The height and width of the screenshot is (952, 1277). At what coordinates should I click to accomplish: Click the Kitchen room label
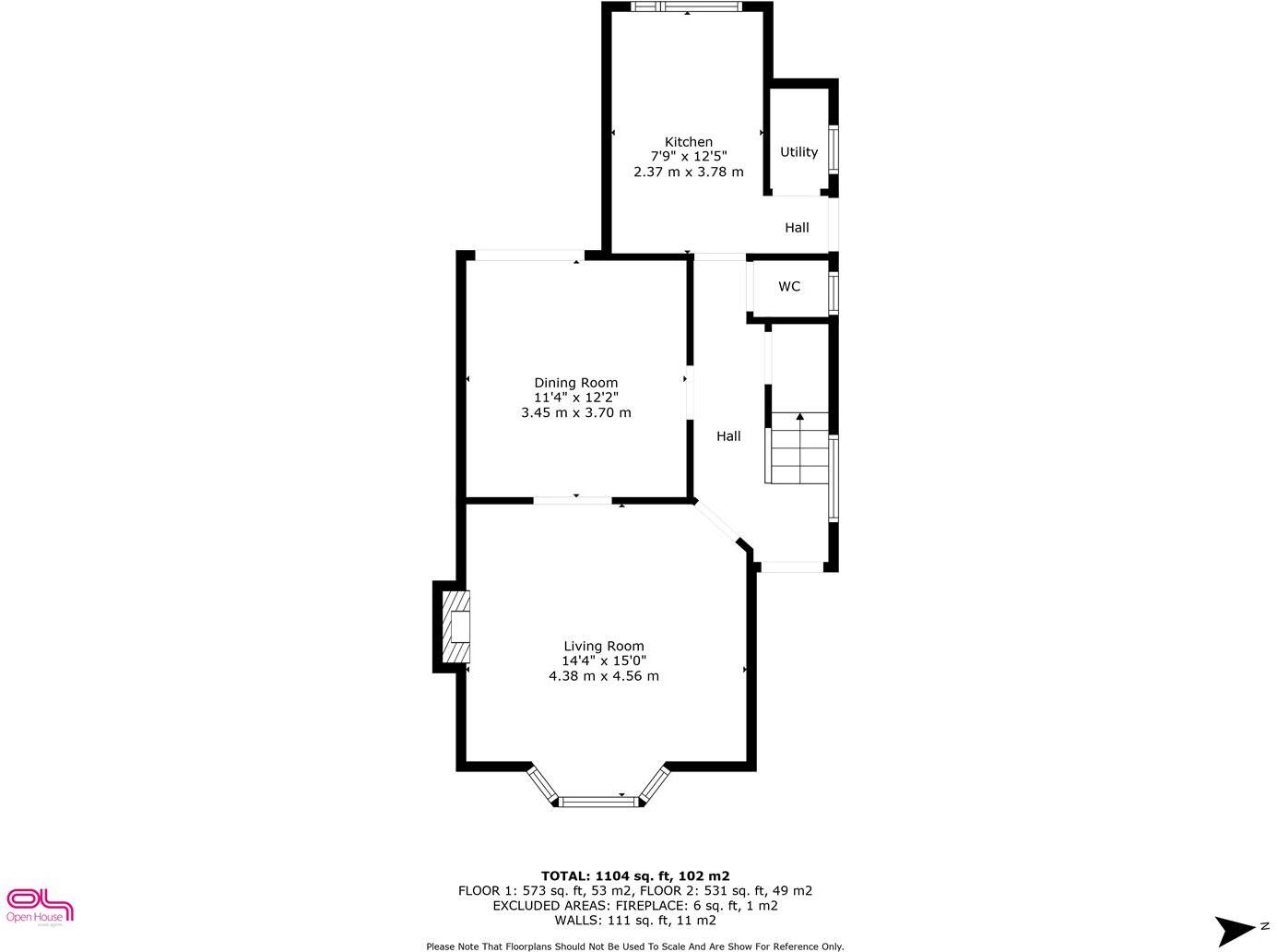pyautogui.click(x=689, y=142)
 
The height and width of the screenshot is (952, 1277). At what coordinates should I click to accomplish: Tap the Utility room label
pyautogui.click(x=798, y=152)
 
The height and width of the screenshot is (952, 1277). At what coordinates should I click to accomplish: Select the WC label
pyautogui.click(x=789, y=287)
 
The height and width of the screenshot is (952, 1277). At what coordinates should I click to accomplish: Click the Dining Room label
pyautogui.click(x=576, y=383)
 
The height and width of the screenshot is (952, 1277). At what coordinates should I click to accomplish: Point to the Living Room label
pyautogui.click(x=604, y=647)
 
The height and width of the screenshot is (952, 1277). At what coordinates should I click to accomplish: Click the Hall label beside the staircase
pyautogui.click(x=728, y=436)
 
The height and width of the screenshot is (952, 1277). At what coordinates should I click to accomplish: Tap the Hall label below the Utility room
pyautogui.click(x=797, y=228)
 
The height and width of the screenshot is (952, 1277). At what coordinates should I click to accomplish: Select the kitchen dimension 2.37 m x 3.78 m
pyautogui.click(x=689, y=172)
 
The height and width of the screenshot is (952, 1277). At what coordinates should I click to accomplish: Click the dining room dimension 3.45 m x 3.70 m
pyautogui.click(x=576, y=412)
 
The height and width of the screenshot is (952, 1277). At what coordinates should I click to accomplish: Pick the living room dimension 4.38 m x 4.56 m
pyautogui.click(x=604, y=676)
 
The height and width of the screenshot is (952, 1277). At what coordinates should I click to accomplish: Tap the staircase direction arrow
pyautogui.click(x=800, y=418)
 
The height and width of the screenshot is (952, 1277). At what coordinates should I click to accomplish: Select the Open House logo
pyautogui.click(x=39, y=905)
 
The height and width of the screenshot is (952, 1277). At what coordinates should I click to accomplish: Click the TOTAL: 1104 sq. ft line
pyautogui.click(x=635, y=876)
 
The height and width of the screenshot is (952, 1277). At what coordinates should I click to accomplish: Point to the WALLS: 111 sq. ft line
pyautogui.click(x=635, y=921)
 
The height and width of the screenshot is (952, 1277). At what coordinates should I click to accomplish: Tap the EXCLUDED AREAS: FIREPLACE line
pyautogui.click(x=635, y=906)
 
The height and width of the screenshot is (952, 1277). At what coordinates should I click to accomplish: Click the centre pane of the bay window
pyautogui.click(x=599, y=802)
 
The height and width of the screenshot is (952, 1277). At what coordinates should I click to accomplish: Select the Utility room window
pyautogui.click(x=834, y=150)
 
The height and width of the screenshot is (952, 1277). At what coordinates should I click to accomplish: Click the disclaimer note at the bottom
pyautogui.click(x=635, y=946)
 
